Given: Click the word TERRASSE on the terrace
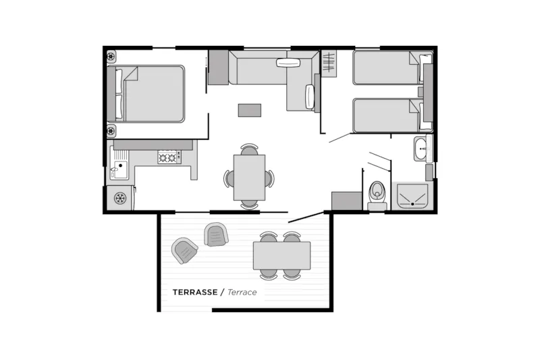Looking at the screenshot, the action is click(195, 292).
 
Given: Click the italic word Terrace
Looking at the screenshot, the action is click(242, 292).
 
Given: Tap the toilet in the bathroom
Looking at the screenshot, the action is click(377, 195).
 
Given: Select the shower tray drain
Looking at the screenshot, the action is click(412, 204).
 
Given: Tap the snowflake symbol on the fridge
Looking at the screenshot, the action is click(120, 198).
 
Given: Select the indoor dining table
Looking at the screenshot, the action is click(249, 178).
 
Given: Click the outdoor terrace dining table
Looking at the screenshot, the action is click(281, 255).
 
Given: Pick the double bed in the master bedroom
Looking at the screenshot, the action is click(146, 94).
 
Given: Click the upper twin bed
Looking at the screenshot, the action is click(388, 68).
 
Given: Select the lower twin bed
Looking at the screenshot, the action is click(388, 115).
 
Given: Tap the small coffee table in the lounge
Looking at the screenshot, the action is click(250, 110).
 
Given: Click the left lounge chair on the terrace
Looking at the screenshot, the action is click(184, 251).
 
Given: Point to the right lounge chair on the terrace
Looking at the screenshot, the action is click(216, 235).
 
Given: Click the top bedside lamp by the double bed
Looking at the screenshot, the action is click(111, 56).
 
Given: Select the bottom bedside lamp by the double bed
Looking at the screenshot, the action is click(111, 131).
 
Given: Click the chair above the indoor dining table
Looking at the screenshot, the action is click(249, 149).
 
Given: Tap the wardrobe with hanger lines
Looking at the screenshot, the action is click(329, 62).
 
